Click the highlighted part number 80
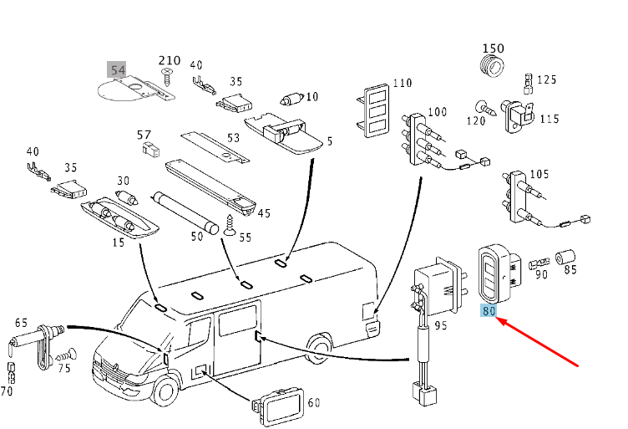click(489, 311)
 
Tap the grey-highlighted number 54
click(118, 69)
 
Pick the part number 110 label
click(403, 84)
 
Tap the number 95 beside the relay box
click(441, 324)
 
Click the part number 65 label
click(21, 322)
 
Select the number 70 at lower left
click(7, 390)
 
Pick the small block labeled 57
click(150, 151)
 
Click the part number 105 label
click(539, 174)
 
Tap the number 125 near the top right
click(546, 79)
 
